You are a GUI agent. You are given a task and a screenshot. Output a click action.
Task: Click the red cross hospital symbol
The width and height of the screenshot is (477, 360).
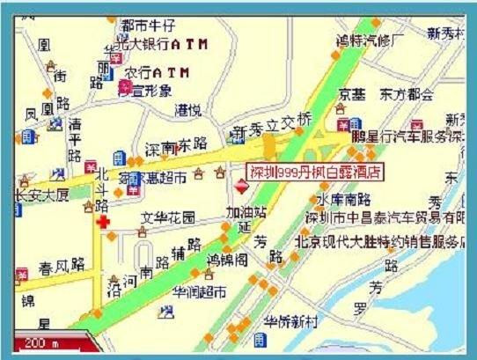point(105,224)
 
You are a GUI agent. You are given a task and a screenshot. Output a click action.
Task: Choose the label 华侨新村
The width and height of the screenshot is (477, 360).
point(291,322)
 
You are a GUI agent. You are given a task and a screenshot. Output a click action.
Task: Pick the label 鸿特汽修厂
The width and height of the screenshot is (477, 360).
point(371,40)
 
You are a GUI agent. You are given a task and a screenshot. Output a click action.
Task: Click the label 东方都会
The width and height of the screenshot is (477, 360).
point(407,94)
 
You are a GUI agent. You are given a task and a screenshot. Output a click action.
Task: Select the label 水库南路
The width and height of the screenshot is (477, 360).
point(338,199)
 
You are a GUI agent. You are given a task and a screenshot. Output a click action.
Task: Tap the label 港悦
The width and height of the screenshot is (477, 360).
point(187,110)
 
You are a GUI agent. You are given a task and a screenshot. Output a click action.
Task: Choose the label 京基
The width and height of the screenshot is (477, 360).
point(352,94)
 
